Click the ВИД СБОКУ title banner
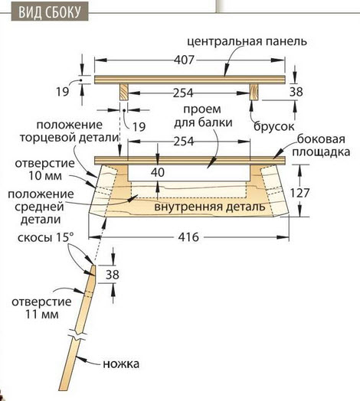[50, 11]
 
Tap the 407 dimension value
[185, 60]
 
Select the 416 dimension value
[188, 237]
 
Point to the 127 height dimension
[299, 193]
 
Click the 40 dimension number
[158, 172]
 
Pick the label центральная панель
[247, 41]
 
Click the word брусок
[273, 126]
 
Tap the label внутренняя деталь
[210, 207]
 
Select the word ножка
[121, 364]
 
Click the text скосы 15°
[46, 237]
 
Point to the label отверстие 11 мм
[41, 308]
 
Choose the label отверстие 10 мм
[44, 169]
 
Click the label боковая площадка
[321, 145]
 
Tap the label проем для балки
[203, 116]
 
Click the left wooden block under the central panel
[124, 92]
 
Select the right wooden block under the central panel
[254, 92]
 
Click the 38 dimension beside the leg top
[113, 275]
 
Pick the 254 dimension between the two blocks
[183, 93]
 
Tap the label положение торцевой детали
[70, 131]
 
